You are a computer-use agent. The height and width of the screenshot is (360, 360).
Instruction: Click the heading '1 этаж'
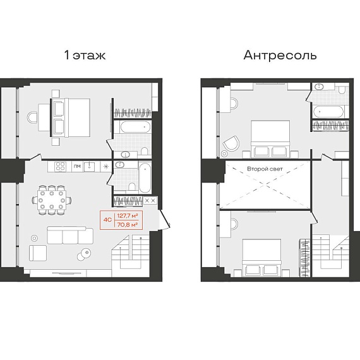[x=85, y=56]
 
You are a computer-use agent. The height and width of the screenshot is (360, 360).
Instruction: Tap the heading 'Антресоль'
[x=280, y=56]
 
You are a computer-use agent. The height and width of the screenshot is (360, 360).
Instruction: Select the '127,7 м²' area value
[x=128, y=216]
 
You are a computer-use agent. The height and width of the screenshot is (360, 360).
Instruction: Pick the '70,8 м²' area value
[x=128, y=225]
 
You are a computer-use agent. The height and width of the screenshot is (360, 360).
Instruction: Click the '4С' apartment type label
[x=107, y=220]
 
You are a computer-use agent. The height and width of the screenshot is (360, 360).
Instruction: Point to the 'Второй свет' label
[x=265, y=169]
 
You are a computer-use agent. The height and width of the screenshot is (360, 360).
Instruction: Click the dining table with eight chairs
[x=52, y=200]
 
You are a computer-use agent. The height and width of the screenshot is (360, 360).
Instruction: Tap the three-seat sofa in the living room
[x=70, y=235]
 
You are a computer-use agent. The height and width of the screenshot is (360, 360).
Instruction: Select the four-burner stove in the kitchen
[x=61, y=167]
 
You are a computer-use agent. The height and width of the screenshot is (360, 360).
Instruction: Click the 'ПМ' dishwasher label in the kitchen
[x=78, y=166]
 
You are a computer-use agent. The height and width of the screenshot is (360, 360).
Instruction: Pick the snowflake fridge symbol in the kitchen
[x=106, y=167]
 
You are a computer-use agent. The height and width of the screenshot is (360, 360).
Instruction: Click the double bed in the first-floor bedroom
[x=70, y=118]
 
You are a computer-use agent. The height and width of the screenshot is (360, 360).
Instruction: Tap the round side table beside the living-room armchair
[x=35, y=238]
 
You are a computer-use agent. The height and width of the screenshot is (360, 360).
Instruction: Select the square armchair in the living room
[x=38, y=253]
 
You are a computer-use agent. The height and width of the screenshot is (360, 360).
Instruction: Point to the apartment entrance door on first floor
[x=164, y=219]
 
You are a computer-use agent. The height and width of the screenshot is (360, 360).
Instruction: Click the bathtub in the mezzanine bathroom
[x=329, y=112]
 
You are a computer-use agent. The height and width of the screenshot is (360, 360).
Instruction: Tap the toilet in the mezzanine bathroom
[x=342, y=90]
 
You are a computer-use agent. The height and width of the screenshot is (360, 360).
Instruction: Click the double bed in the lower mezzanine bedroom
[x=261, y=258]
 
